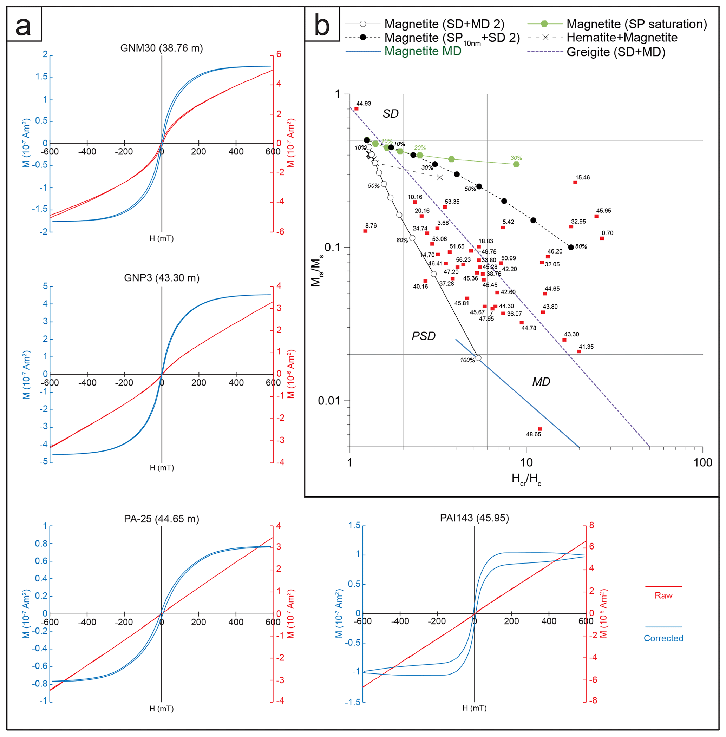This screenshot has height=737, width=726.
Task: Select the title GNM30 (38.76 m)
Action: point(161,48)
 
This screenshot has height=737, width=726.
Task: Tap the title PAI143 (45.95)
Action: point(474,518)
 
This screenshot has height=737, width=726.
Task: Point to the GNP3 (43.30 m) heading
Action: point(161,278)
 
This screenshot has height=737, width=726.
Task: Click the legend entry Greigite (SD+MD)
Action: point(616,52)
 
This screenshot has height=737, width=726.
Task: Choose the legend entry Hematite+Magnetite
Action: point(622,37)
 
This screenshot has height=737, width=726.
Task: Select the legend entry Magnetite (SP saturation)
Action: point(636,24)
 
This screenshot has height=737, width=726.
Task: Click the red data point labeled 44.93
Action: point(356,108)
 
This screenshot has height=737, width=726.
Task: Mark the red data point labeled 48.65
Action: point(540,429)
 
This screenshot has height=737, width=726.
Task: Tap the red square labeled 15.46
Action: point(575,182)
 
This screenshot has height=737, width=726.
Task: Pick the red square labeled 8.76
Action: point(365,231)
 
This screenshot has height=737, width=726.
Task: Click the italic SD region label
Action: point(391,114)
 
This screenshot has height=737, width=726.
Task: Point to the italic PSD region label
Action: point(423,336)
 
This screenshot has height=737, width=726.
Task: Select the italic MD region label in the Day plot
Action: point(541,382)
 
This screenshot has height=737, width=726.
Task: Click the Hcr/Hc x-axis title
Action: point(526,479)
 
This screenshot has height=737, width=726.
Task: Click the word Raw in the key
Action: point(663,595)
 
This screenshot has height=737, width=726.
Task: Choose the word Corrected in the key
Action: point(663,638)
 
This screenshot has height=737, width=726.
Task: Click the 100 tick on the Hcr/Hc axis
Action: point(703,462)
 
